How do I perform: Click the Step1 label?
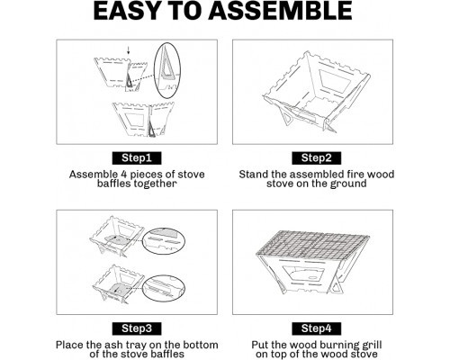click(137, 158)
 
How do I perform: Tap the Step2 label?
click(316, 158)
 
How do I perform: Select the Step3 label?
click(137, 328)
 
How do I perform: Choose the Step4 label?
click(316, 328)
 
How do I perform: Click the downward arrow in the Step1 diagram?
click(128, 50)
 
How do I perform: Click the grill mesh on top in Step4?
click(313, 243)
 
